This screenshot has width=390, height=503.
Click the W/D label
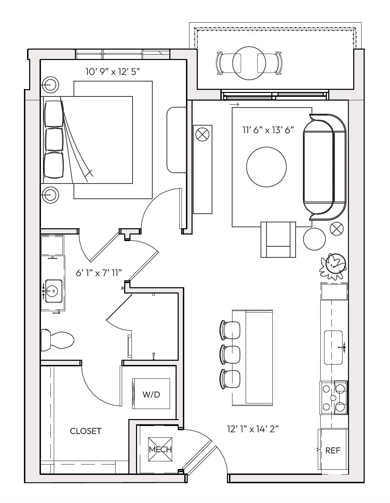[151, 394]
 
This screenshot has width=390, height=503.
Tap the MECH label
[160, 449]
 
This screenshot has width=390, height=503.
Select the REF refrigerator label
[333, 450]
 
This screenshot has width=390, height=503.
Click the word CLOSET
[86, 431]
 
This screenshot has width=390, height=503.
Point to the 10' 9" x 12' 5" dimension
[113, 72]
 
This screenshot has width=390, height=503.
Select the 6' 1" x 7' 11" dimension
[99, 273]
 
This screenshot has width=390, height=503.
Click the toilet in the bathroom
[57, 340]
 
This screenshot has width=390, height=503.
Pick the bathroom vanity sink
[53, 291]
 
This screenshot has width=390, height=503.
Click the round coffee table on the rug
[266, 167]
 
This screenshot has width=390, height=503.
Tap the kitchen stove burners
[333, 398]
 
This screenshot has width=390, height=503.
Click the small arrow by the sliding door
[234, 105]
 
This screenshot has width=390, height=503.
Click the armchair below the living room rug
[278, 240]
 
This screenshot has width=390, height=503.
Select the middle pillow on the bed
[54, 139]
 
